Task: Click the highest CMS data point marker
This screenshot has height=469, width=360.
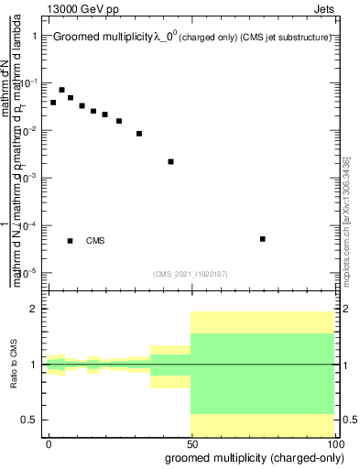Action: (x=61, y=90)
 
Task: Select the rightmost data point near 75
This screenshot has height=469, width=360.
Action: (x=263, y=239)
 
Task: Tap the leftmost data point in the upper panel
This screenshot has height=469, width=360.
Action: (x=53, y=103)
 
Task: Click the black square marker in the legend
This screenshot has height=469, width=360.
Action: (x=71, y=241)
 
